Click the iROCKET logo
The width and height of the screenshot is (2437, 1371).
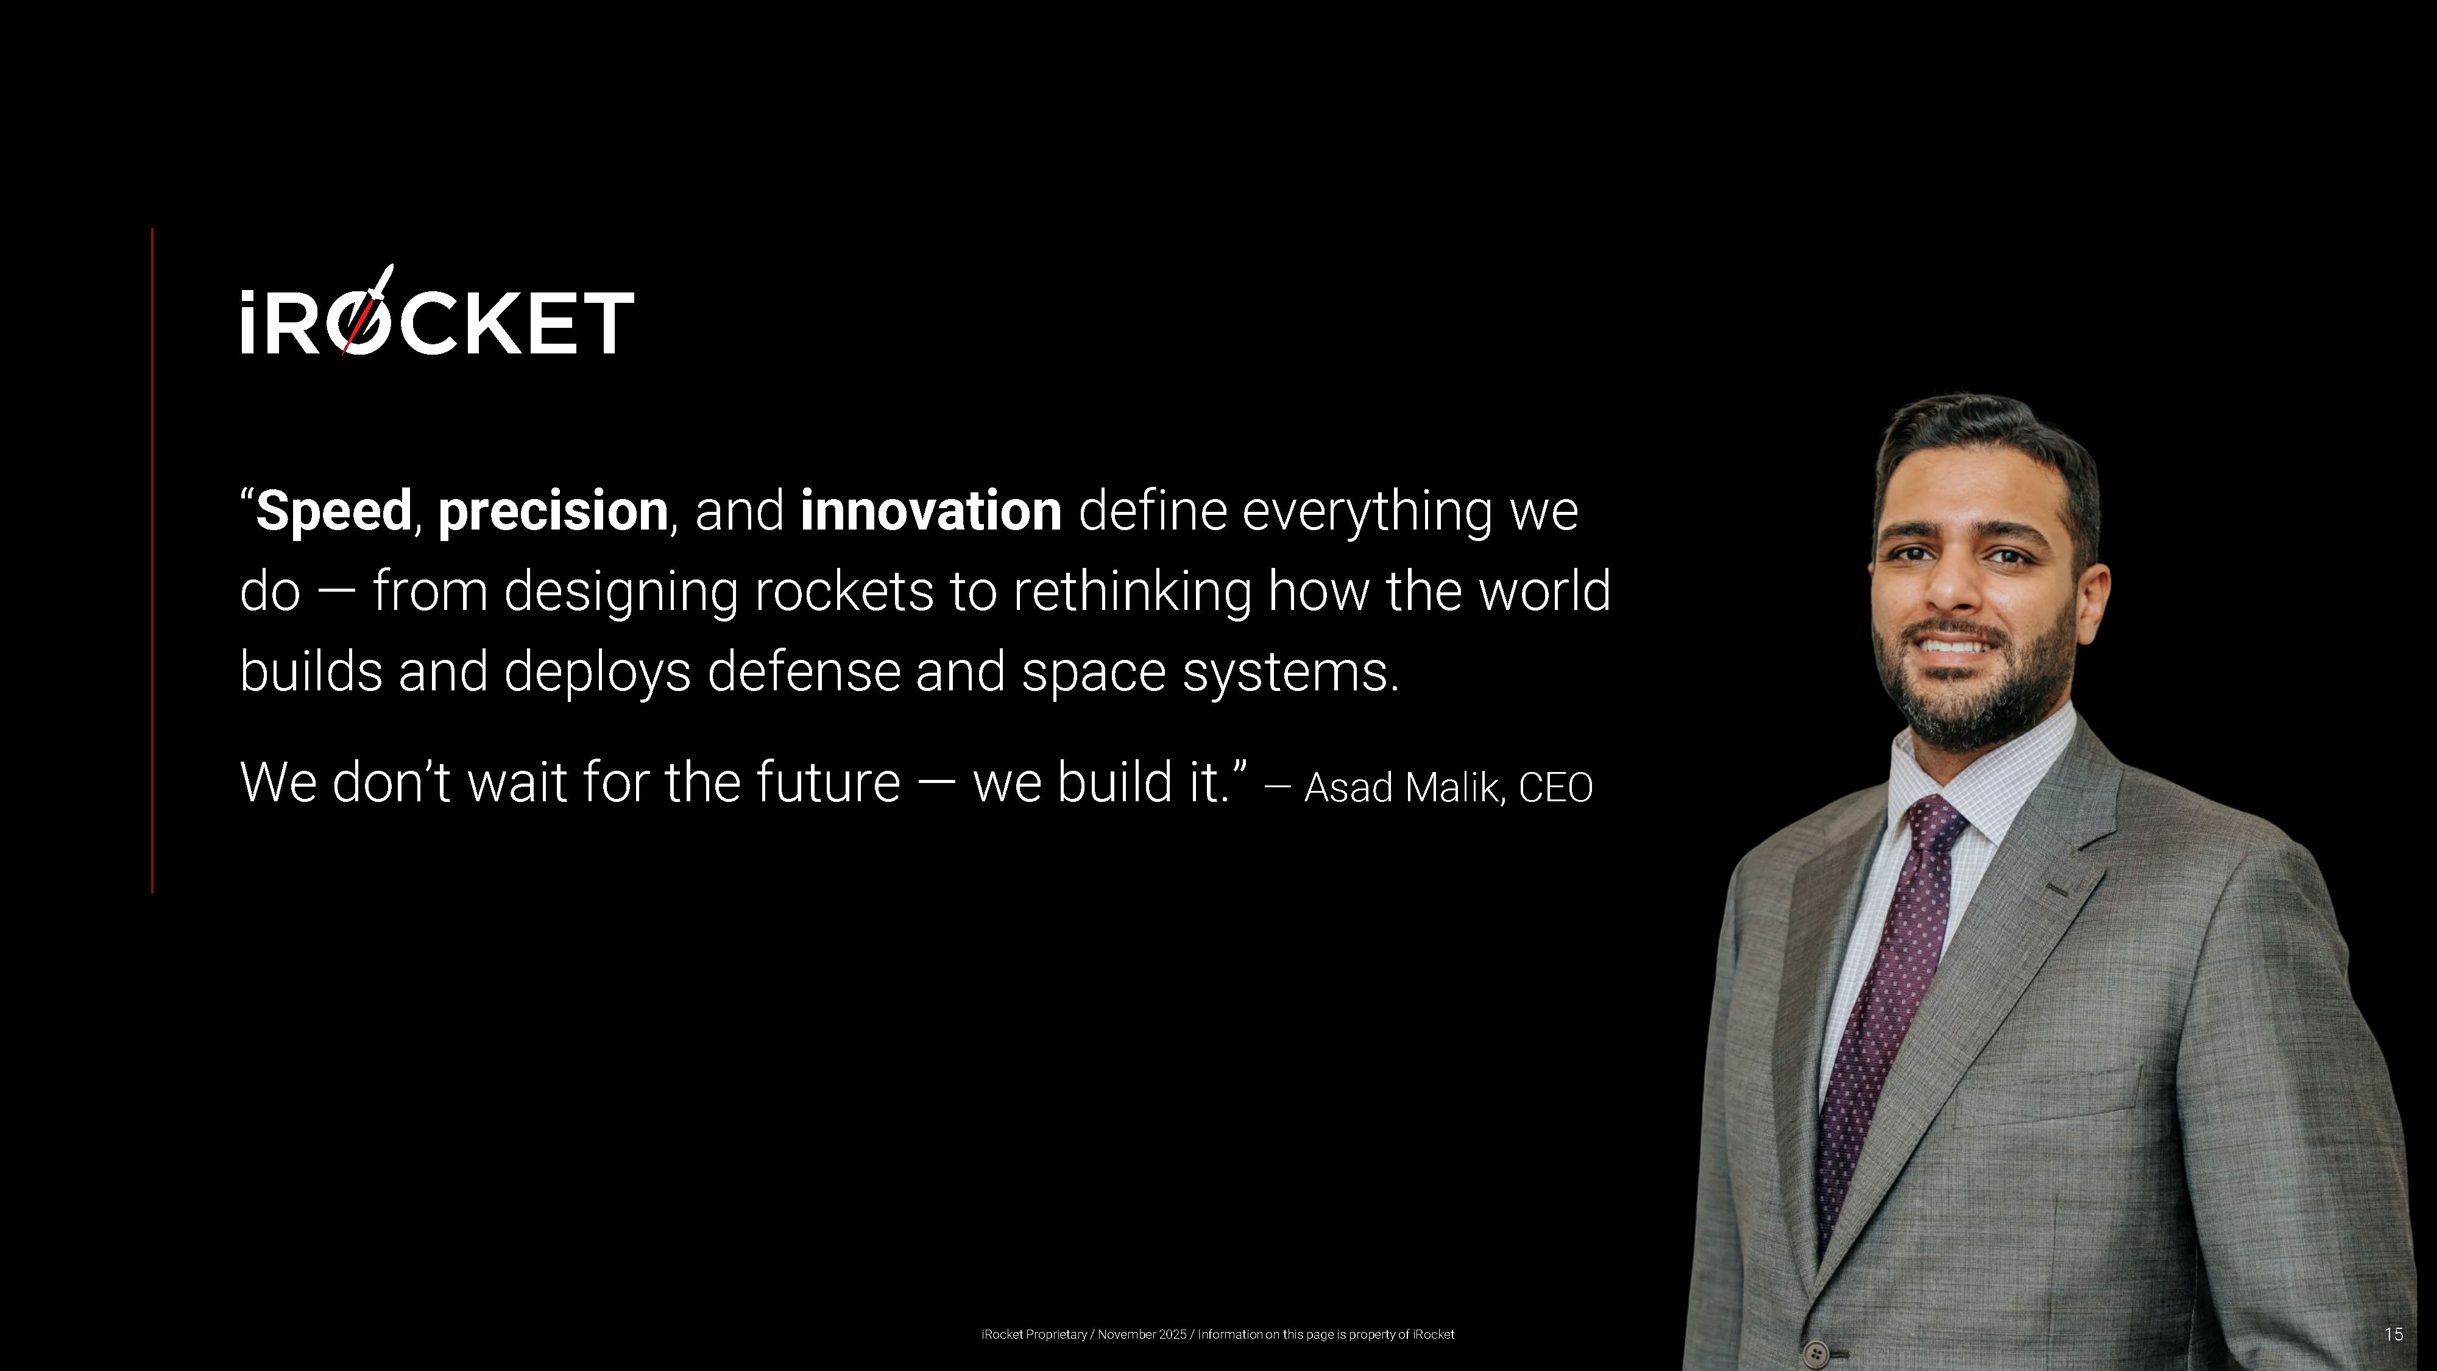[437, 310]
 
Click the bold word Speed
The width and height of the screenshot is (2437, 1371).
[334, 512]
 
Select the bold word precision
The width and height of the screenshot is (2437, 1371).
[553, 512]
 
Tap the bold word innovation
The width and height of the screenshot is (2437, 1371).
[931, 511]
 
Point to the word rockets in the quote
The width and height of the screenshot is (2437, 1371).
[844, 591]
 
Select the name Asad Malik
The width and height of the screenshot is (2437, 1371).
[1404, 787]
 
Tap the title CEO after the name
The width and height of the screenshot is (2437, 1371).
[1555, 788]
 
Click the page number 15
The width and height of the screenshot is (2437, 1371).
[2394, 1334]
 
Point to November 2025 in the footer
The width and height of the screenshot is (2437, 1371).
[1142, 1334]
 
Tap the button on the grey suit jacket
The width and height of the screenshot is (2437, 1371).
[1816, 1352]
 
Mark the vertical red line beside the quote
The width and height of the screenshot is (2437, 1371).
[152, 560]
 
